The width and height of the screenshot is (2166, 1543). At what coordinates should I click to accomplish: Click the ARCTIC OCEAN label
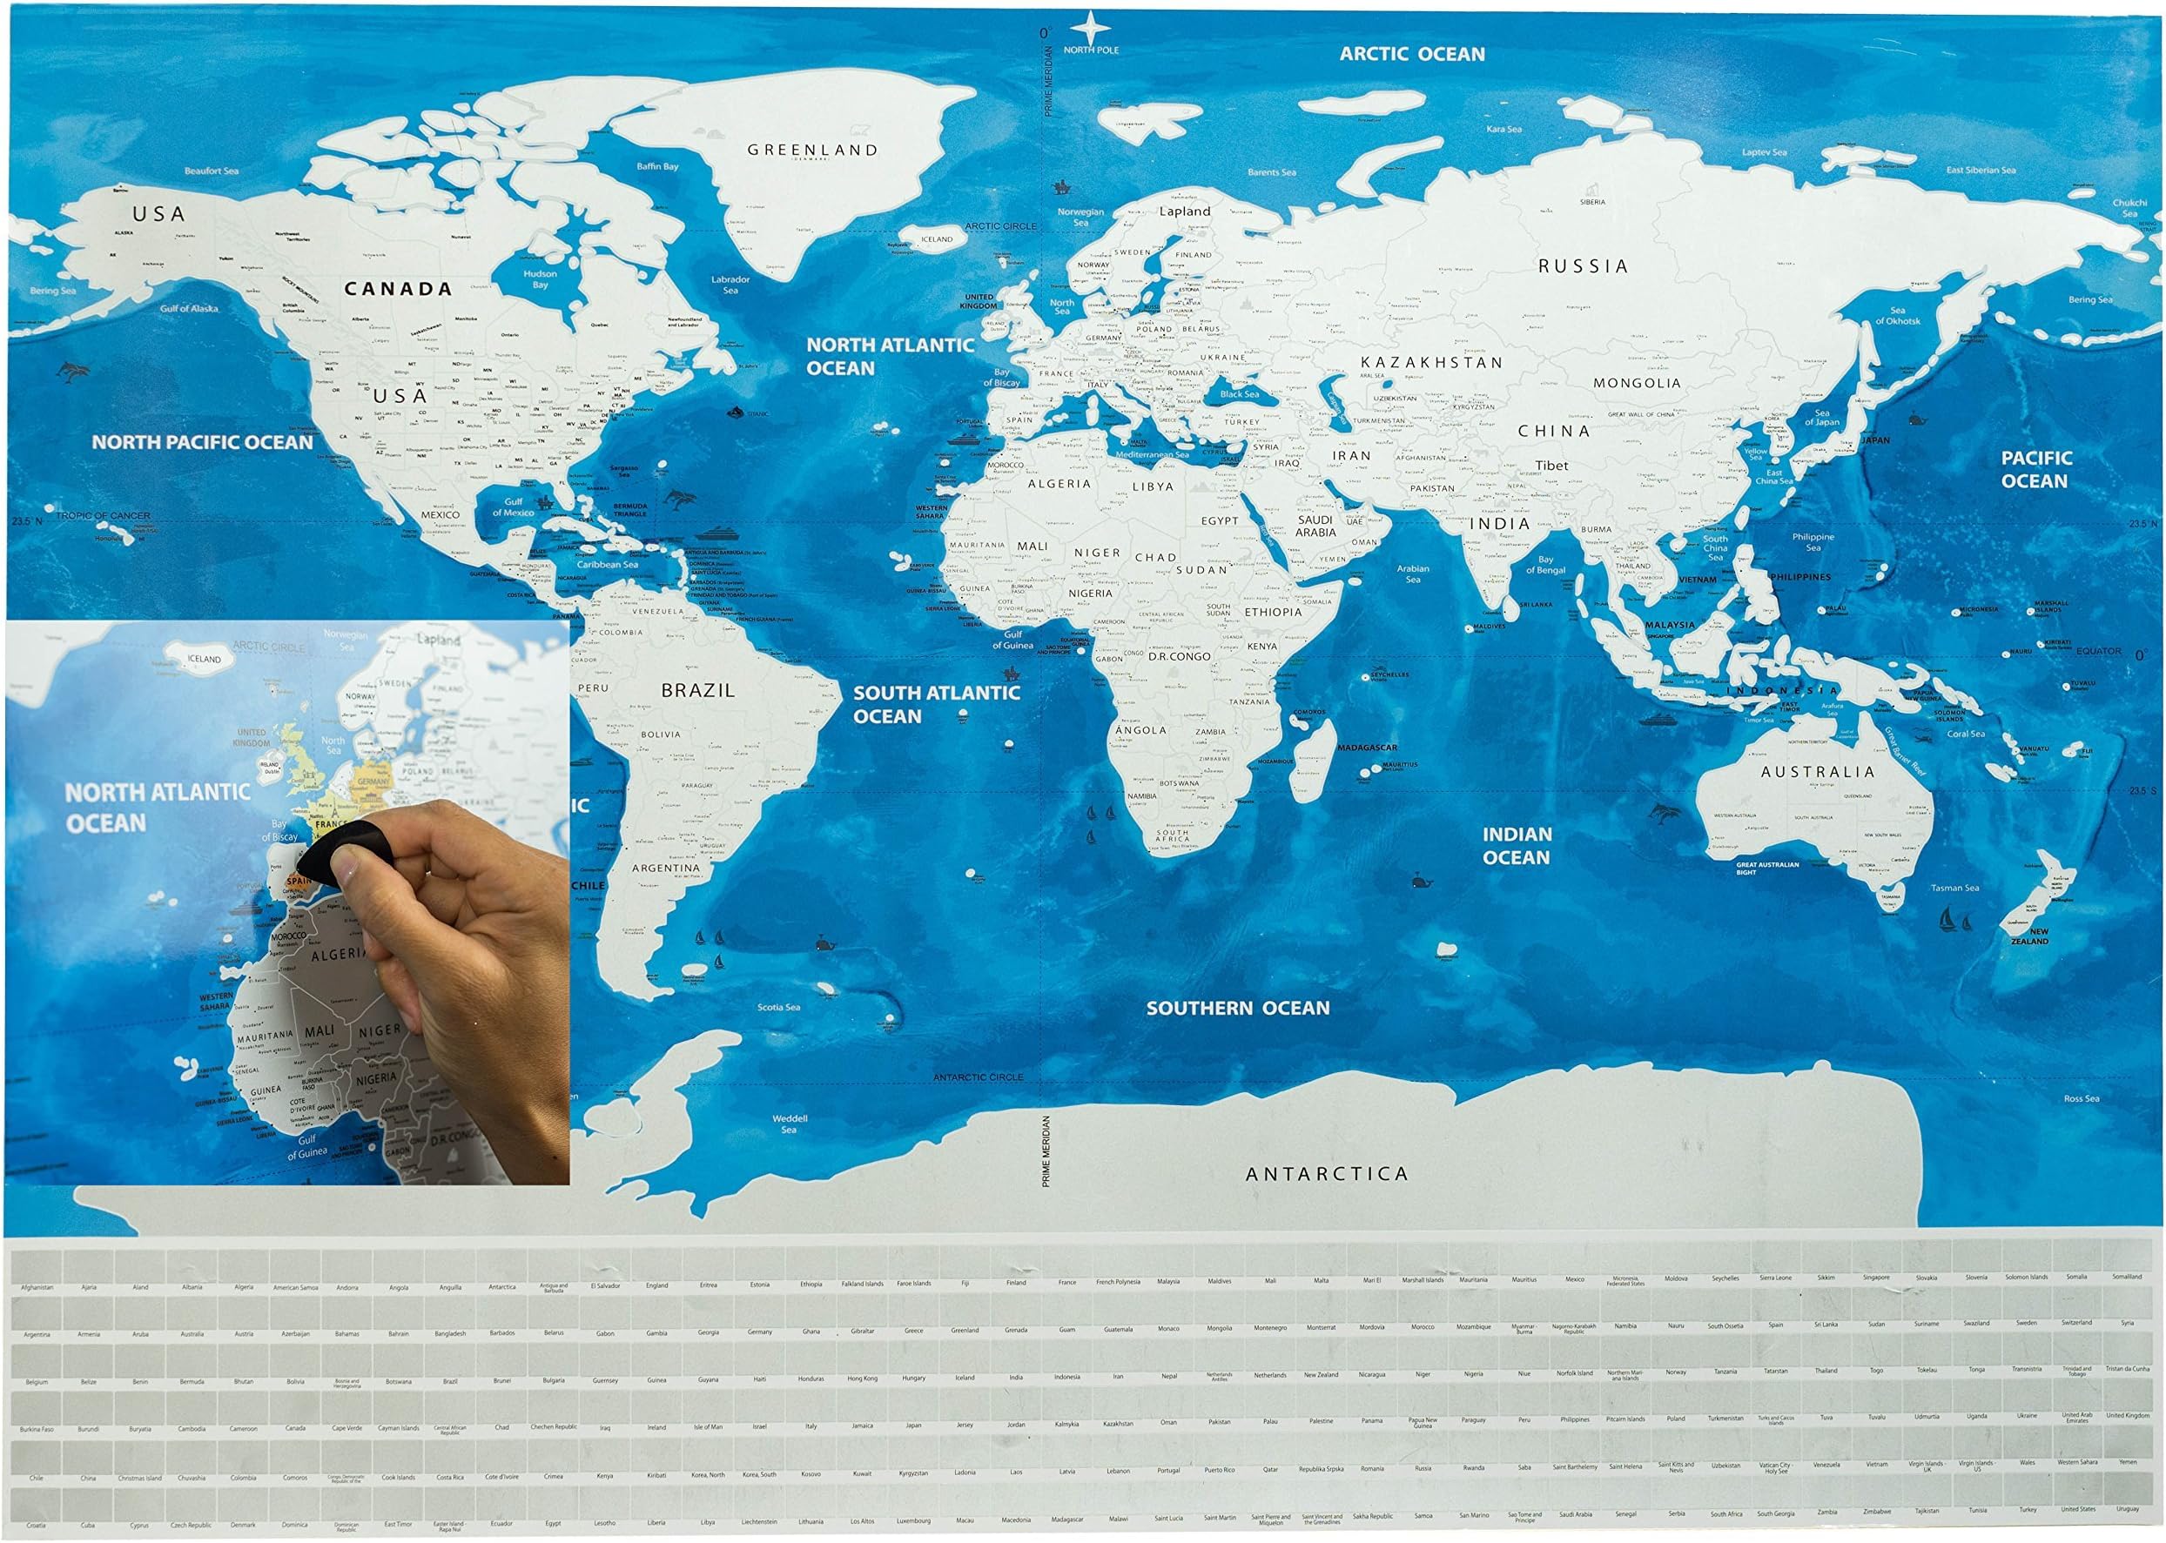(x=1411, y=54)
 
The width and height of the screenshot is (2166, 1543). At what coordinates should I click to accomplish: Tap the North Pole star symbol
(x=1091, y=25)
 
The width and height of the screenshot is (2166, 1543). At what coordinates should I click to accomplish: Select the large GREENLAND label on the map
(x=811, y=150)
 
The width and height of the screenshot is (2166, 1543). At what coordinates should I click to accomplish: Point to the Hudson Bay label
(x=540, y=278)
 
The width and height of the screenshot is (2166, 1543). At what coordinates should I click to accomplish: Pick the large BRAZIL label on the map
(x=697, y=691)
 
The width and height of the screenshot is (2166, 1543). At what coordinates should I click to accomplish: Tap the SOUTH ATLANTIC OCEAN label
(x=935, y=704)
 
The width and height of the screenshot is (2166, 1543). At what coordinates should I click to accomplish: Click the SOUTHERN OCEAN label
(x=1237, y=1007)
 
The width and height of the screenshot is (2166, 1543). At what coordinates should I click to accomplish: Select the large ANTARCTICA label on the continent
(x=1326, y=1173)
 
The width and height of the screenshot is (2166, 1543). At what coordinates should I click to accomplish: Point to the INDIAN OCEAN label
(x=1517, y=845)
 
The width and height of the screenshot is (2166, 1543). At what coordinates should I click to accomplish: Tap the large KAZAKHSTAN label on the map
(x=1431, y=362)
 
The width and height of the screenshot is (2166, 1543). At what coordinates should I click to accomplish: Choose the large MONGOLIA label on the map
(x=1637, y=383)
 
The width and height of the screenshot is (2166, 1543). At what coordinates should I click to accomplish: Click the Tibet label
(x=1551, y=466)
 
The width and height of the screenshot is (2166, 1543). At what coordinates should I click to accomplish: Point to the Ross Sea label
(x=2081, y=1098)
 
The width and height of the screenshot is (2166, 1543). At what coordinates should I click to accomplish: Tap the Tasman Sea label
(x=1954, y=888)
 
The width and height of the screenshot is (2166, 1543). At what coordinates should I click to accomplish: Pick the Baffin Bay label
(x=657, y=166)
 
